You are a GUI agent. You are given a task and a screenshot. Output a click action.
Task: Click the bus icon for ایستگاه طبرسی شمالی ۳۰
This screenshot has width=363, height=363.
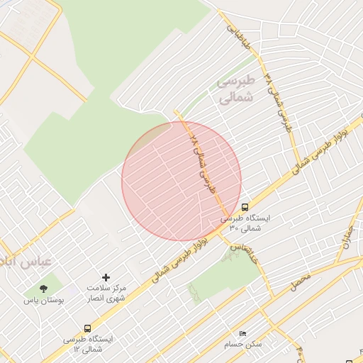tap(245, 208)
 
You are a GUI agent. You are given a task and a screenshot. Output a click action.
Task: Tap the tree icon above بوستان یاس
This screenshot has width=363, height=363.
tap(44, 289)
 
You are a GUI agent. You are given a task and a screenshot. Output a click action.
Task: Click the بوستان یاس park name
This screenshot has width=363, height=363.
tap(44, 301)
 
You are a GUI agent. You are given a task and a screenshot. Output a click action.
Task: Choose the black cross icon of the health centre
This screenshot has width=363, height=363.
tap(106, 277)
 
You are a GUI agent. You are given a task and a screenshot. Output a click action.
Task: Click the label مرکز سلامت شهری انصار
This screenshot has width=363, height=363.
tap(106, 294)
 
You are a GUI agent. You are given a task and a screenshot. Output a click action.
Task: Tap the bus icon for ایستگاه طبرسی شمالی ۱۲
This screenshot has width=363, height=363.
tap(87, 328)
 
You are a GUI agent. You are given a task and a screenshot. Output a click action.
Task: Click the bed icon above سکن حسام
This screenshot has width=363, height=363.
tap(243, 333)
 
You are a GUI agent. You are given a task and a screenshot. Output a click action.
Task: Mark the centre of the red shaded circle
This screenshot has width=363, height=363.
tap(181, 181)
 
